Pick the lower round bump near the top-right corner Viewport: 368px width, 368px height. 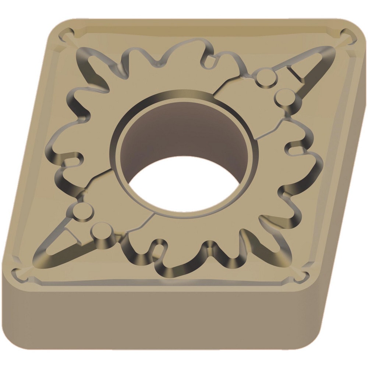point(285,98)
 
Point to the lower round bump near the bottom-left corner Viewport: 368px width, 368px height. point(101,233)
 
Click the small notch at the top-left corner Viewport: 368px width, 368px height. point(67,35)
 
